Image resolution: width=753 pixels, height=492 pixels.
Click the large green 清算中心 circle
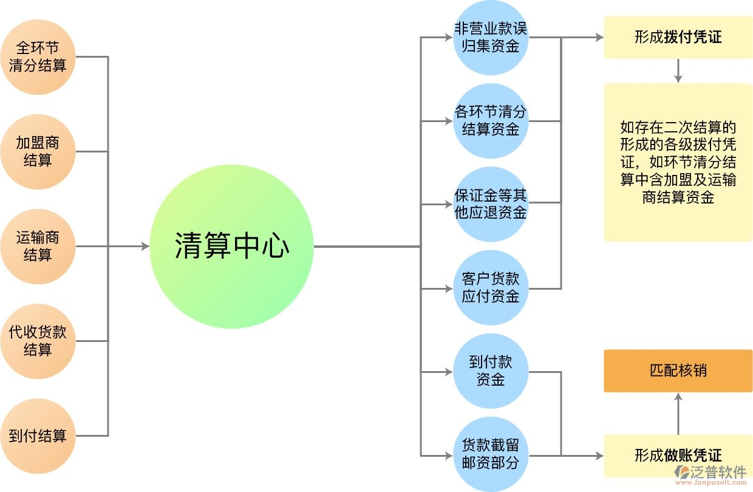pyautogui.click(x=231, y=247)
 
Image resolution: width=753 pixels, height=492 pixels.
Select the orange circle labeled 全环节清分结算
pyautogui.click(x=38, y=57)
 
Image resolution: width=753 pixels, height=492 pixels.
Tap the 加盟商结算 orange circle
pyautogui.click(x=38, y=152)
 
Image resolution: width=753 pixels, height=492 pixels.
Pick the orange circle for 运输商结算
pyautogui.click(x=38, y=247)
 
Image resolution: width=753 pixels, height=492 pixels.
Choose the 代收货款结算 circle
pyautogui.click(x=38, y=341)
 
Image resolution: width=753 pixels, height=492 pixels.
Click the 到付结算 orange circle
pyautogui.click(x=38, y=436)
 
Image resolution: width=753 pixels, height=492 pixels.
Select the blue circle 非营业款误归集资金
pyautogui.click(x=491, y=38)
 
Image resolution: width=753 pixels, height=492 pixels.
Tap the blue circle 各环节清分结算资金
pyautogui.click(x=491, y=121)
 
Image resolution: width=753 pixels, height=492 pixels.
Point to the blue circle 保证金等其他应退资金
pyautogui.click(x=491, y=204)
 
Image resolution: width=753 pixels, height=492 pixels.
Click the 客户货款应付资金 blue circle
pyautogui.click(x=491, y=288)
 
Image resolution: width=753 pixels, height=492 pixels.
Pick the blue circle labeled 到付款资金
pyautogui.click(x=491, y=371)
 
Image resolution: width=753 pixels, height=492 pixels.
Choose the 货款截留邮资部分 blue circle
pyautogui.click(x=491, y=454)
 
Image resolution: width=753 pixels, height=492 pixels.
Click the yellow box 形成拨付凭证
pyautogui.click(x=678, y=38)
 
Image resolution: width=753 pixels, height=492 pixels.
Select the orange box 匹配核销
pyautogui.click(x=678, y=371)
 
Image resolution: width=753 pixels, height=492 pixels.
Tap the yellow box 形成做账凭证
pyautogui.click(x=678, y=455)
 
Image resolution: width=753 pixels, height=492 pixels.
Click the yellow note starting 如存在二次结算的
pyautogui.click(x=678, y=162)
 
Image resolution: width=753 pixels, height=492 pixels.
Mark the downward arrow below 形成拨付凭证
pyautogui.click(x=678, y=78)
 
